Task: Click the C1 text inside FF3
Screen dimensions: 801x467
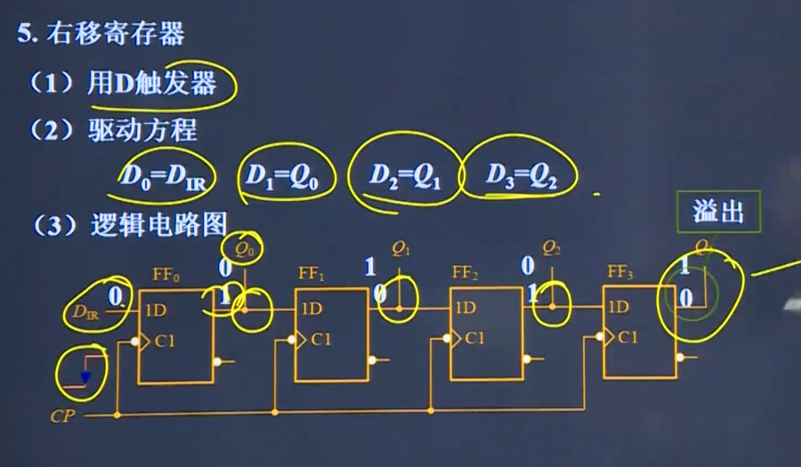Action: pos(627,337)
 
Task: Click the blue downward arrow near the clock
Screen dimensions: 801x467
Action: pos(85,377)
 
